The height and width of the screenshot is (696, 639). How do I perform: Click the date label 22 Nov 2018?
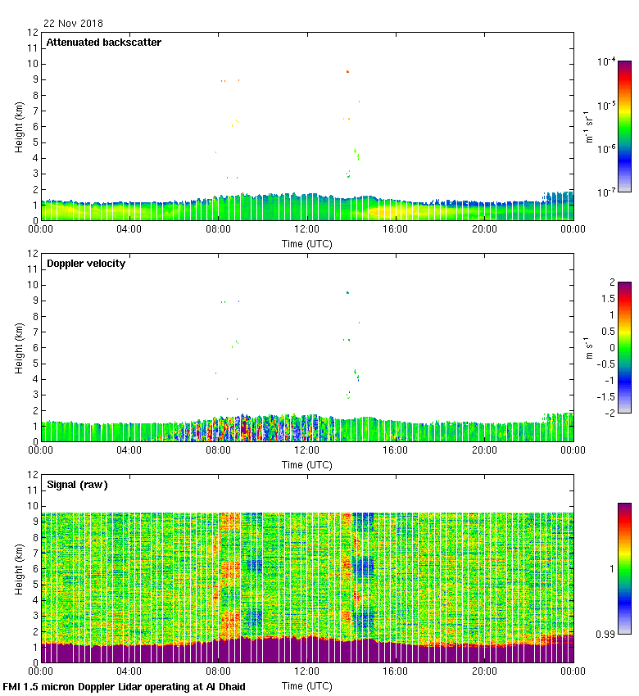(x=74, y=24)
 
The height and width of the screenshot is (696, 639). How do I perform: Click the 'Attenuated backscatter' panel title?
(x=103, y=42)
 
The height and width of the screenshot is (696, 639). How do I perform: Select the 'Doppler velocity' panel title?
(x=86, y=263)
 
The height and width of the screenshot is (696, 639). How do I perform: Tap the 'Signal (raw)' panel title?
(x=77, y=484)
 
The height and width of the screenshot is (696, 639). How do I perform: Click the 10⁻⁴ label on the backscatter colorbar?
(x=606, y=62)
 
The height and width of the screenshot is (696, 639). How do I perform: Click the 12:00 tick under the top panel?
(x=307, y=229)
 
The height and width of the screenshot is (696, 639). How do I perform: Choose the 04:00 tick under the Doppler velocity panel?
(x=129, y=450)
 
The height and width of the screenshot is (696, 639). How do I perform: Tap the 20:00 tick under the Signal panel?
(x=484, y=671)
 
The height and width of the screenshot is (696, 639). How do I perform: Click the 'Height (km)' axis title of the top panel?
(x=19, y=127)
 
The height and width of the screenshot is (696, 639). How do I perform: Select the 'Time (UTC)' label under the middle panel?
(x=307, y=464)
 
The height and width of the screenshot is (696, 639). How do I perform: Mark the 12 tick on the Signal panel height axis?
(x=33, y=475)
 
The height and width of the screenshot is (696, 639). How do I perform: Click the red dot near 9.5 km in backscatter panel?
(x=347, y=72)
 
